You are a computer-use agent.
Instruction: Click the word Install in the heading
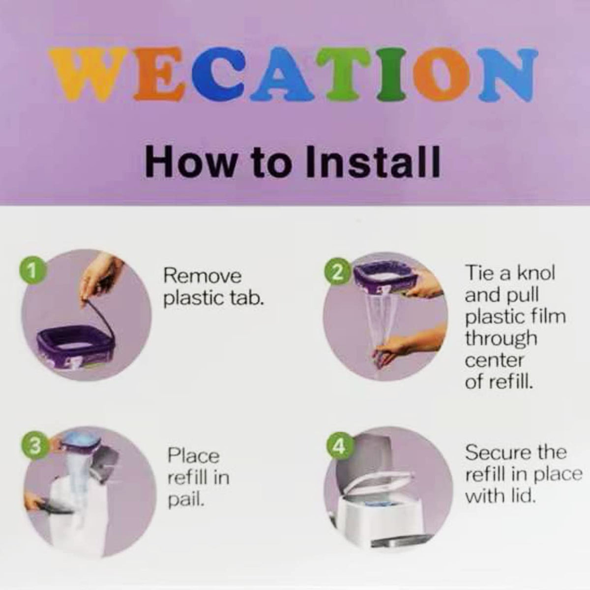pyautogui.click(x=371, y=162)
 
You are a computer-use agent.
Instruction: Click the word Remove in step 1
pyautogui.click(x=203, y=276)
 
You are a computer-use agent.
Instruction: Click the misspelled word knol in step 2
pyautogui.click(x=536, y=272)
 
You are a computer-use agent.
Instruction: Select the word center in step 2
pyautogui.click(x=494, y=361)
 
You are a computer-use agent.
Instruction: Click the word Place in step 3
pyautogui.click(x=194, y=455)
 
